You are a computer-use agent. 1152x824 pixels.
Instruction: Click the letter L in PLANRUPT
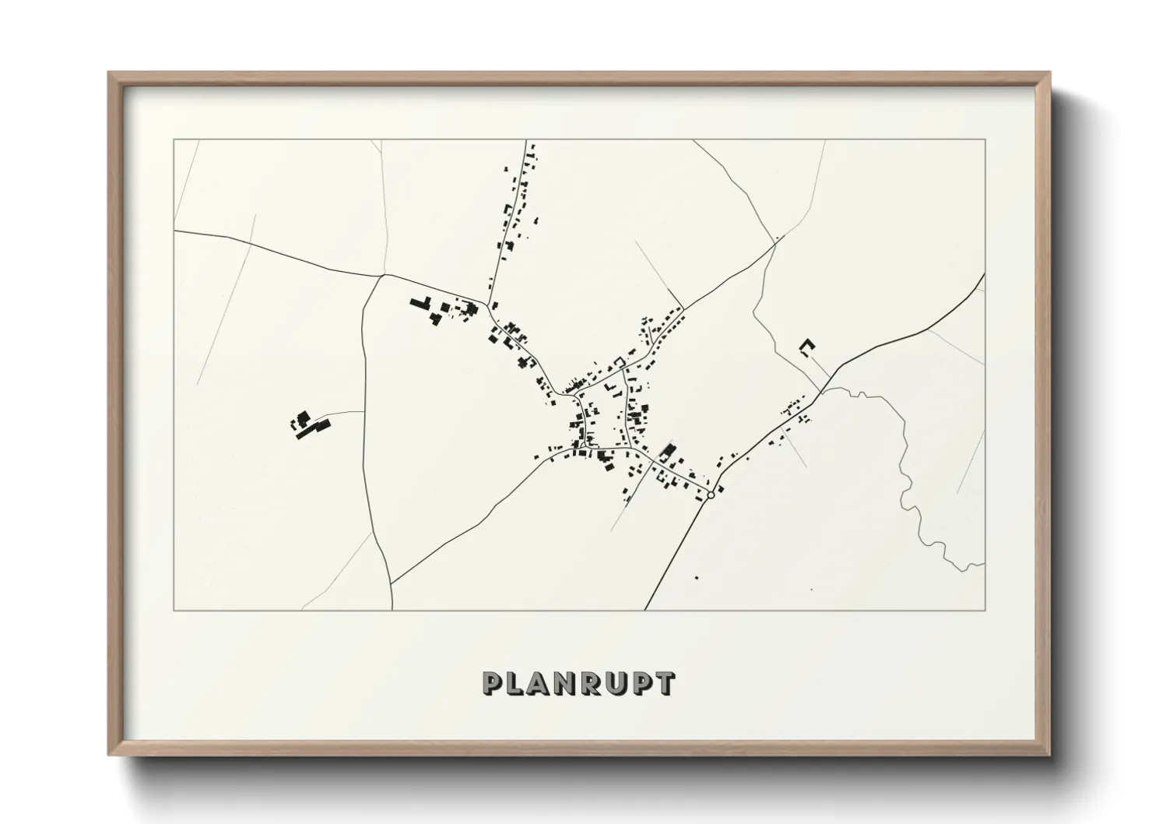pos(519,684)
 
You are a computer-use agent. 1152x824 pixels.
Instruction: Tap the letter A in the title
pos(547,684)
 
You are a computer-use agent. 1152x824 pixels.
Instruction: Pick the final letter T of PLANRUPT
pos(665,684)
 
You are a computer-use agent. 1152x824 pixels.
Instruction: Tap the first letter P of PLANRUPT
pos(493,684)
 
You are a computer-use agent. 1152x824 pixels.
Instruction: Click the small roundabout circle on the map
pos(711,495)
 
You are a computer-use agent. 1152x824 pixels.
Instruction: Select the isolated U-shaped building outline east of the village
pos(807,347)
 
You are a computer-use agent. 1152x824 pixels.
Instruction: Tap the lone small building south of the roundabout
pos(696,577)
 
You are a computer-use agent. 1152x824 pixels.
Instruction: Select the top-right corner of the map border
pos(985,140)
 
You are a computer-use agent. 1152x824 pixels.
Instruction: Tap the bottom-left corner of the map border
pos(174,610)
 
